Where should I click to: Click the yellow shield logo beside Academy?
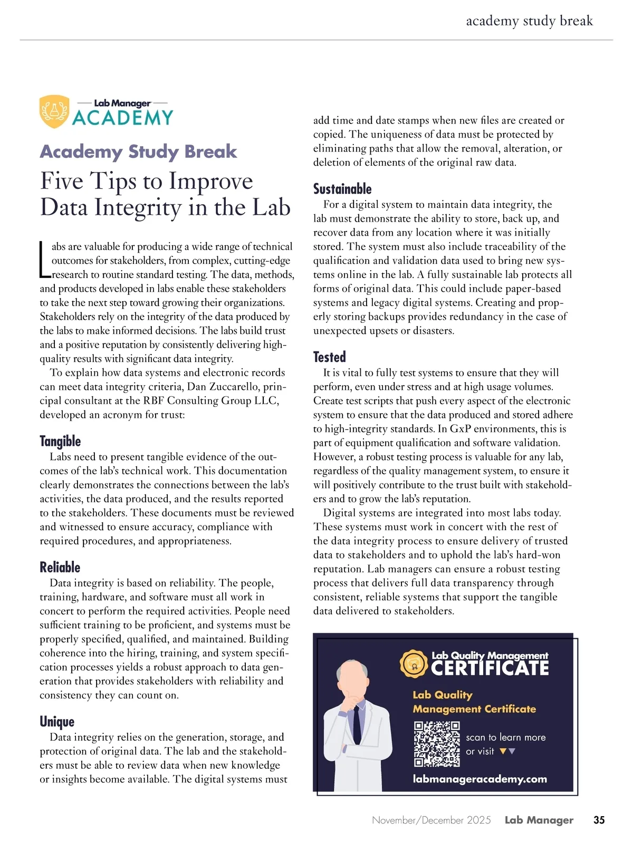54,111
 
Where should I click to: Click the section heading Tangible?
60,441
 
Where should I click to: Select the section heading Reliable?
60,567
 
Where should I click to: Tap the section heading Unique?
57,721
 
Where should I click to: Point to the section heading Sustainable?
342,189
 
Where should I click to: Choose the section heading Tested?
330,357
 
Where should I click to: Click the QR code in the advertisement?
437,744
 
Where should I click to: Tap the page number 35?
599,820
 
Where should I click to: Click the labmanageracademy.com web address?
480,779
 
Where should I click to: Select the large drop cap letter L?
45,260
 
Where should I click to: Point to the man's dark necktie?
357,723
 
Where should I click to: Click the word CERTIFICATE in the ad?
490,668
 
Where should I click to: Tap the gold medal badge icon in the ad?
414,664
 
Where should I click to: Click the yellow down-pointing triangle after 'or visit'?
503,751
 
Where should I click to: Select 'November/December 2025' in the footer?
431,820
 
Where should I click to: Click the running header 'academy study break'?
529,21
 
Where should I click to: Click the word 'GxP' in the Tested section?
461,428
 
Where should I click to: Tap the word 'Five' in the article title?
62,181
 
